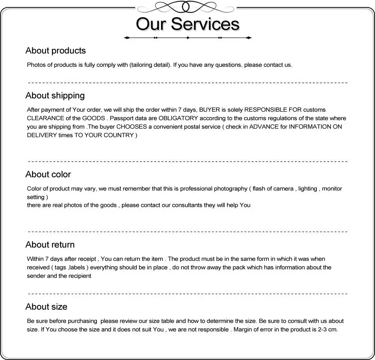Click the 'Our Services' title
[x=187, y=24]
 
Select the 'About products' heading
[x=55, y=51]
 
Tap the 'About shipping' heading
[x=55, y=96]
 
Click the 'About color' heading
[x=48, y=175]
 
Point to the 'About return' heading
[x=50, y=245]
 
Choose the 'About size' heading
[x=46, y=307]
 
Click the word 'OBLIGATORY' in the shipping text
[x=178, y=118]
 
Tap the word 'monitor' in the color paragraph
[x=332, y=189]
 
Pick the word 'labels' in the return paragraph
[x=78, y=267]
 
